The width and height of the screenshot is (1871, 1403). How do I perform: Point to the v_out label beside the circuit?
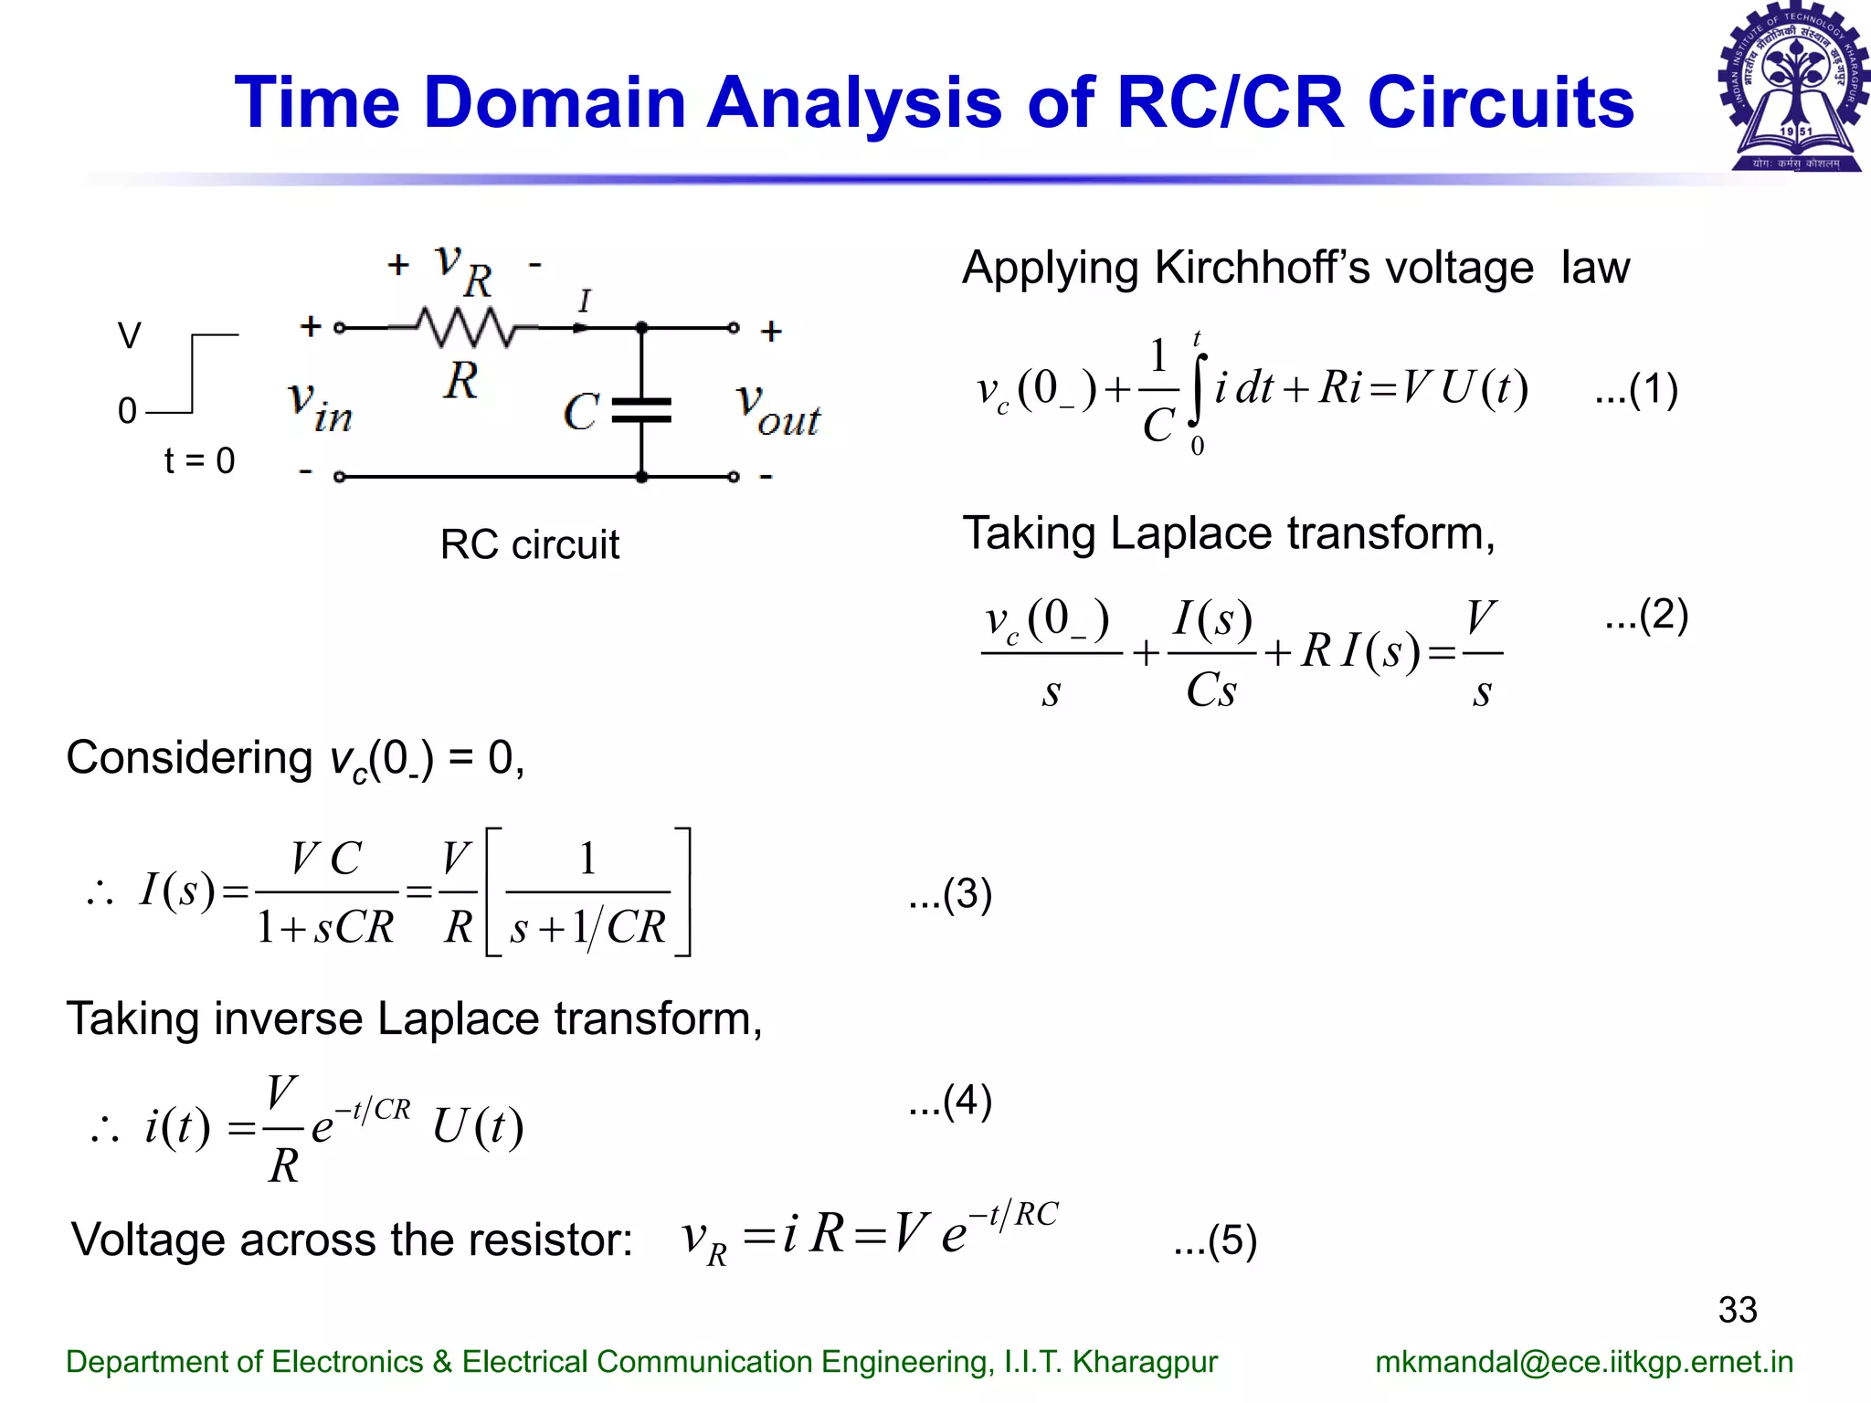[x=777, y=411]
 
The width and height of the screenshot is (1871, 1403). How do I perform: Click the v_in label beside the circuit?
[x=320, y=407]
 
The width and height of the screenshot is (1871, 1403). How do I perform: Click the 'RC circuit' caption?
[x=529, y=545]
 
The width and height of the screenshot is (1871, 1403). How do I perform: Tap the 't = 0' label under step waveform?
[x=199, y=461]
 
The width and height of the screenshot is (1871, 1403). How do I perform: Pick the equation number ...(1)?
[x=1635, y=389]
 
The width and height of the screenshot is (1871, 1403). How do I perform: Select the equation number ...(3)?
[x=950, y=894]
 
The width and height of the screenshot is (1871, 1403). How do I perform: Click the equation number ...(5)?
[x=1215, y=1241]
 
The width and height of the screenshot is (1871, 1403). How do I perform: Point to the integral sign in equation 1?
[x=1197, y=391]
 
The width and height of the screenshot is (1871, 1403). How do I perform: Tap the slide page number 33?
[x=1737, y=1310]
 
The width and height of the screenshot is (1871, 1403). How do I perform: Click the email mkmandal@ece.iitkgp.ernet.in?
[x=1583, y=1362]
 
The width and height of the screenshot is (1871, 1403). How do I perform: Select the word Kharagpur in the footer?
[x=1144, y=1362]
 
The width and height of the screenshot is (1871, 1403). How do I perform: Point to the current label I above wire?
[x=585, y=301]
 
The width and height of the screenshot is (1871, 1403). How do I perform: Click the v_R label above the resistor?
[x=463, y=269]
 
